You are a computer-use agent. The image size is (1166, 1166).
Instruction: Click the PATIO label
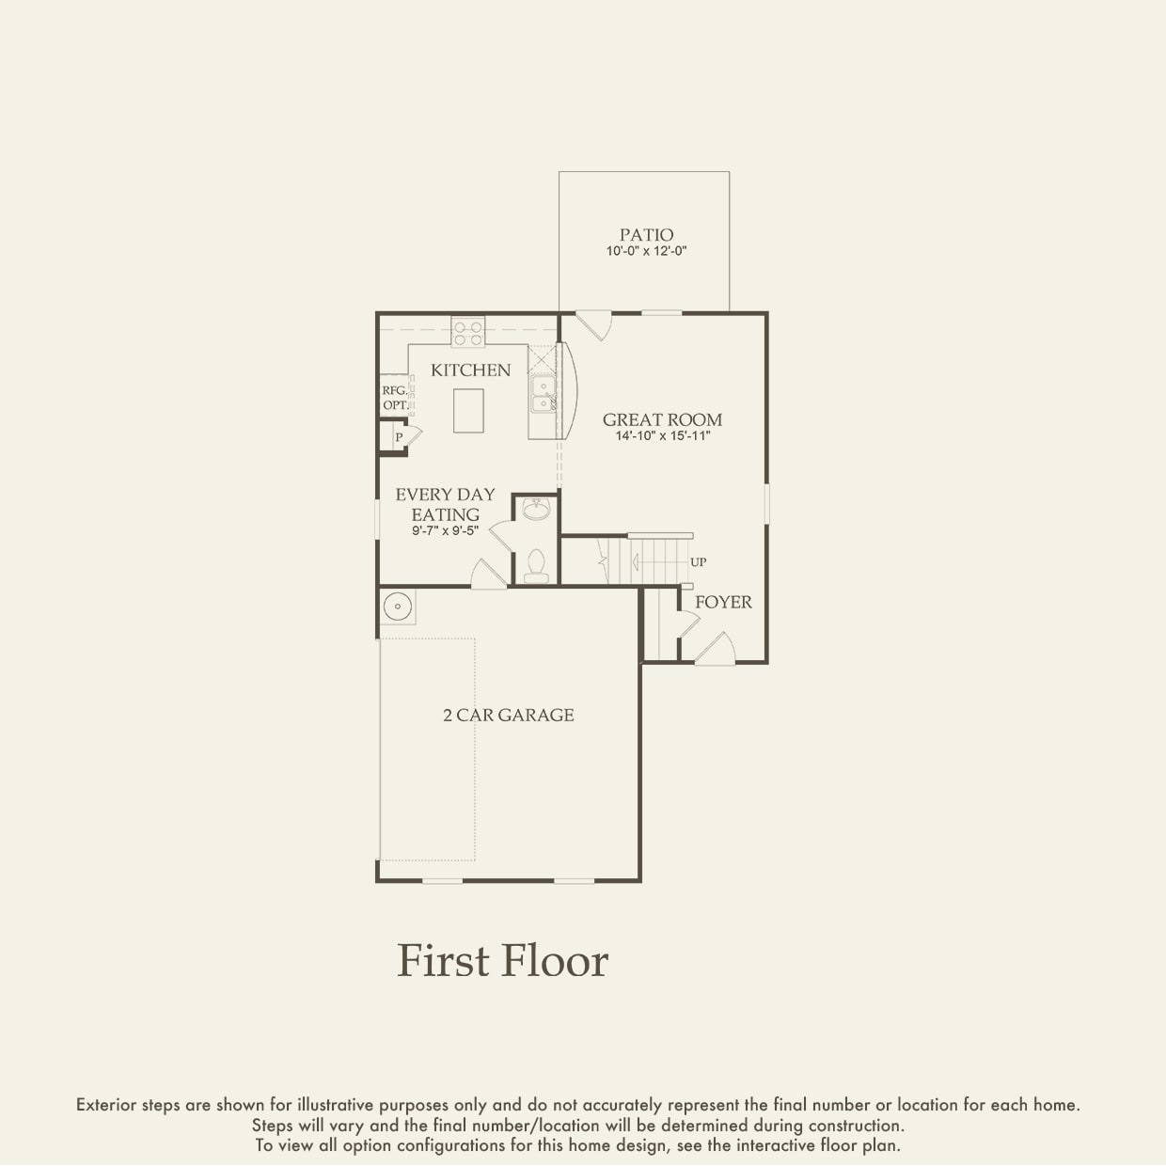tap(646, 234)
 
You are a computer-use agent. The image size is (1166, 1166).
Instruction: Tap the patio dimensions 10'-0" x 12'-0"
tap(646, 251)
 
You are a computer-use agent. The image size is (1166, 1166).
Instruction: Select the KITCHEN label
tap(471, 370)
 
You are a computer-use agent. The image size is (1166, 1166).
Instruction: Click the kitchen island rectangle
tap(468, 411)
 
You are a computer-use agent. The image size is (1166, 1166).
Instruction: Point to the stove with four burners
tap(467, 332)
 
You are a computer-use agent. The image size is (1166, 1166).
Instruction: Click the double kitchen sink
tap(544, 393)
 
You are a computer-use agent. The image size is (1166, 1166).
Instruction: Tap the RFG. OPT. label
tap(395, 398)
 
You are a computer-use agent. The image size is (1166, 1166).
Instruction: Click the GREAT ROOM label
tap(663, 419)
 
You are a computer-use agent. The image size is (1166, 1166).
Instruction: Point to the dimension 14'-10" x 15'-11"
tap(663, 435)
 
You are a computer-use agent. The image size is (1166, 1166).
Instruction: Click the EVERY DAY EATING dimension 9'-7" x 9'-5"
tap(446, 530)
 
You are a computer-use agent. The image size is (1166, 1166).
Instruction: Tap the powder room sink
tap(536, 510)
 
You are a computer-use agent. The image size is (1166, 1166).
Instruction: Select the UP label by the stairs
tap(699, 562)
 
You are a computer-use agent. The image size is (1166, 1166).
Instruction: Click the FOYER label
tap(723, 602)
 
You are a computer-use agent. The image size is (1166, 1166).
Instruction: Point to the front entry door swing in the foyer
tap(716, 648)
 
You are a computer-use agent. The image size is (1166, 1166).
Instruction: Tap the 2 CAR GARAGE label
tap(509, 716)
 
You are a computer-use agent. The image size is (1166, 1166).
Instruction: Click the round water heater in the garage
tap(398, 606)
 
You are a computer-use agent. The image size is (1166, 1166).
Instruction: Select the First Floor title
tap(502, 961)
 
